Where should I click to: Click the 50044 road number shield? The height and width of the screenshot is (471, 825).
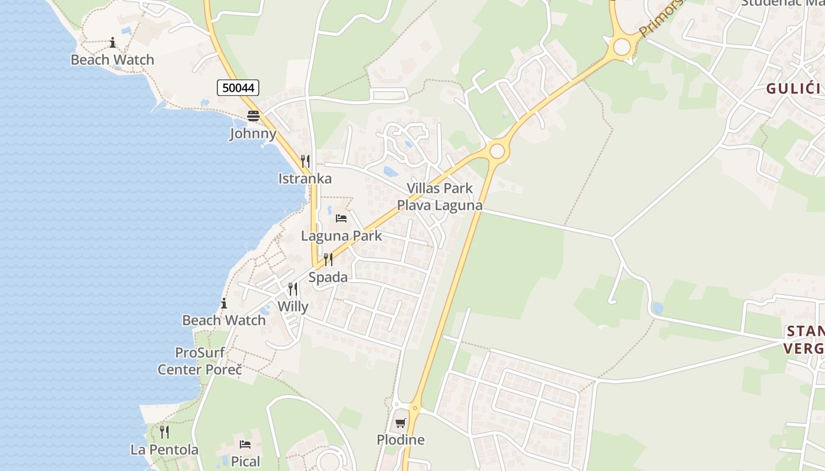pyautogui.click(x=238, y=88)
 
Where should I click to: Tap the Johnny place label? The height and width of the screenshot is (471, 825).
pyautogui.click(x=253, y=134)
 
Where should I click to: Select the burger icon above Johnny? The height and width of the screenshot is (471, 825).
pyautogui.click(x=253, y=116)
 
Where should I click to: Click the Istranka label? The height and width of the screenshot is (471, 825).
pyautogui.click(x=305, y=178)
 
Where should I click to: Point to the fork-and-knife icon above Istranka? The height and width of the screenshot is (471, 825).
pyautogui.click(x=305, y=161)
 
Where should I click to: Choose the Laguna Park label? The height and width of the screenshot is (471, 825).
pyautogui.click(x=341, y=236)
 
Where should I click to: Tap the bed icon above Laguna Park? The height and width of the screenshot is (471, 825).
pyautogui.click(x=341, y=218)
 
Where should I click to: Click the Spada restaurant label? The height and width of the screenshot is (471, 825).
pyautogui.click(x=328, y=277)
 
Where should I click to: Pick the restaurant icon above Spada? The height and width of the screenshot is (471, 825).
pyautogui.click(x=328, y=260)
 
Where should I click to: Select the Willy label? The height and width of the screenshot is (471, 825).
pyautogui.click(x=293, y=307)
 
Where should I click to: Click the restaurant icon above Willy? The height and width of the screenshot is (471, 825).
pyautogui.click(x=293, y=289)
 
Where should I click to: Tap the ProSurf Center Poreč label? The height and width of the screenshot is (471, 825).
pyautogui.click(x=200, y=361)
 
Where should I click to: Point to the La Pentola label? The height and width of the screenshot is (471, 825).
pyautogui.click(x=164, y=450)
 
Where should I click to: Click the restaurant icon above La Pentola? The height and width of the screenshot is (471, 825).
pyautogui.click(x=164, y=432)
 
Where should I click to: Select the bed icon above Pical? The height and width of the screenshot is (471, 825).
pyautogui.click(x=245, y=444)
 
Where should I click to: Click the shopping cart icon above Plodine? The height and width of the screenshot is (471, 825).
pyautogui.click(x=401, y=423)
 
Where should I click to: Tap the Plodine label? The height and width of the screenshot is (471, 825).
pyautogui.click(x=401, y=440)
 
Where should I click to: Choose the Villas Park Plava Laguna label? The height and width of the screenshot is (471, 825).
pyautogui.click(x=440, y=197)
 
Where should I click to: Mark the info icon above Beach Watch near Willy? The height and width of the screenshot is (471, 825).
pyautogui.click(x=224, y=304)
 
